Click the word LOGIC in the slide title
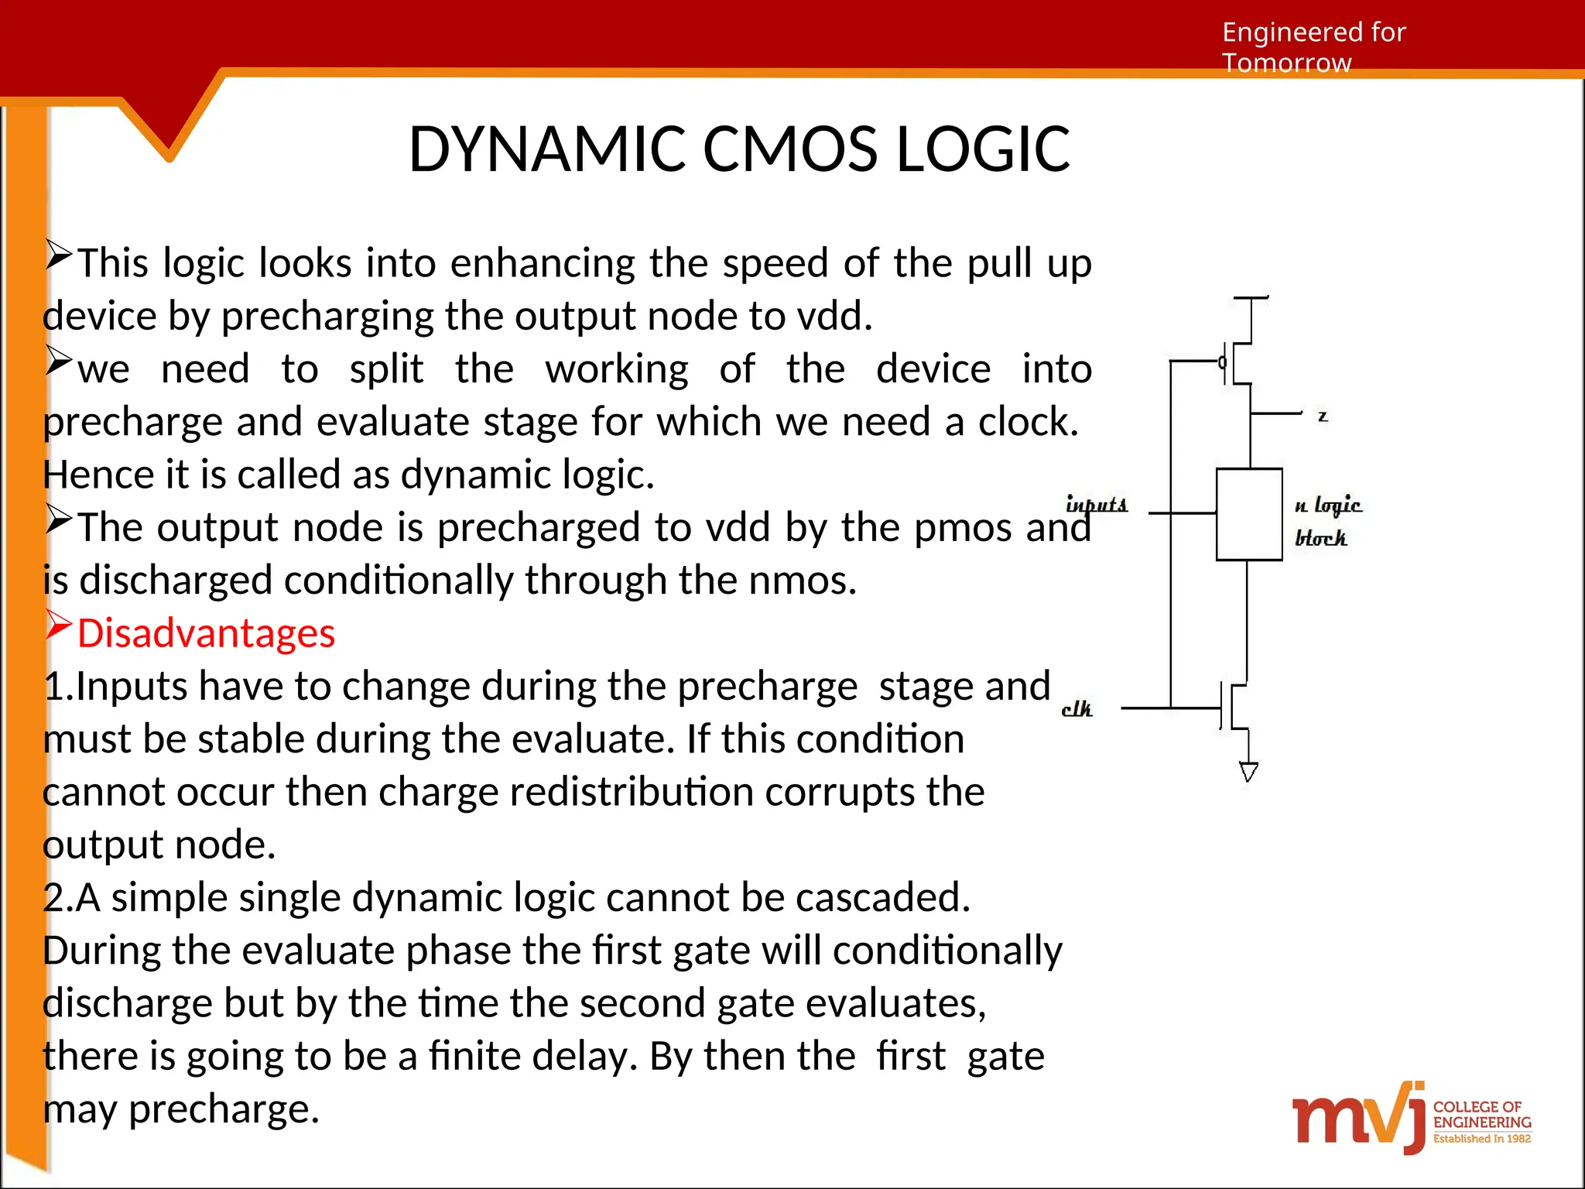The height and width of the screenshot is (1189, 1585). click(983, 149)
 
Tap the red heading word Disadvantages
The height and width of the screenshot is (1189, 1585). click(206, 633)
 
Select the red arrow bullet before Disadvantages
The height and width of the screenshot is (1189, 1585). click(58, 625)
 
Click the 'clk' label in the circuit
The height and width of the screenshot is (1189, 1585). click(1077, 709)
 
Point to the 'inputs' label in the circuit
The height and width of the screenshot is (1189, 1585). click(1097, 505)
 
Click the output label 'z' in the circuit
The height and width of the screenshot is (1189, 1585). click(1323, 416)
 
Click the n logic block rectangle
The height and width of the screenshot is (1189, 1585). click(1248, 514)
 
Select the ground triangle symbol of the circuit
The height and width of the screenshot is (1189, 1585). click(1248, 771)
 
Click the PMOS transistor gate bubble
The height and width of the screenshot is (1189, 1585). click(1222, 362)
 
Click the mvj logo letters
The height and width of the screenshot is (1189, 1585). click(1358, 1118)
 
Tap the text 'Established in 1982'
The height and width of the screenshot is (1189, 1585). click(1481, 1139)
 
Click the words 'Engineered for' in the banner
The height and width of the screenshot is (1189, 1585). click(1313, 33)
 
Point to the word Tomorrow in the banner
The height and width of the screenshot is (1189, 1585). click(1286, 63)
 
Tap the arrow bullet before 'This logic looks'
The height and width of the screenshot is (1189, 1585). click(58, 255)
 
